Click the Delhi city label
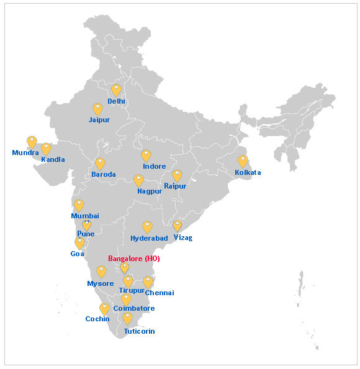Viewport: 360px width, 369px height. point(116,101)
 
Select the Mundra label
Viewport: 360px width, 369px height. point(25,153)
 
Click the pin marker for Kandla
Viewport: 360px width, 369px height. point(46,149)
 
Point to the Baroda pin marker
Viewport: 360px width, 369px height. point(100,164)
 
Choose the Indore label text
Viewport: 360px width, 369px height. point(154,167)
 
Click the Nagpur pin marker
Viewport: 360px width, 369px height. point(138,180)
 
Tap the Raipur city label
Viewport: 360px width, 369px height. point(175,186)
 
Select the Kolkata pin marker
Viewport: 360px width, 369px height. point(243,161)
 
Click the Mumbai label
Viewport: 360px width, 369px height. point(85,216)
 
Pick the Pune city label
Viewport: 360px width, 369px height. point(86,234)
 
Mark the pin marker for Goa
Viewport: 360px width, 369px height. point(79,243)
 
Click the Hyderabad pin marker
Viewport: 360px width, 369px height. point(147,227)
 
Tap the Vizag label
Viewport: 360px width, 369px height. point(183,238)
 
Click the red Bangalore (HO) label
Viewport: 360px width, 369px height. point(134,259)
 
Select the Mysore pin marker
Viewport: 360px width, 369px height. point(101,272)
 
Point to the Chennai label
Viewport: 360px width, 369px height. point(160,293)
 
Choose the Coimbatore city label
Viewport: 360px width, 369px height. point(134,308)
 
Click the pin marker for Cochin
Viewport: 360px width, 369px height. point(104,308)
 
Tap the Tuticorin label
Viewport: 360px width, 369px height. point(139,332)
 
